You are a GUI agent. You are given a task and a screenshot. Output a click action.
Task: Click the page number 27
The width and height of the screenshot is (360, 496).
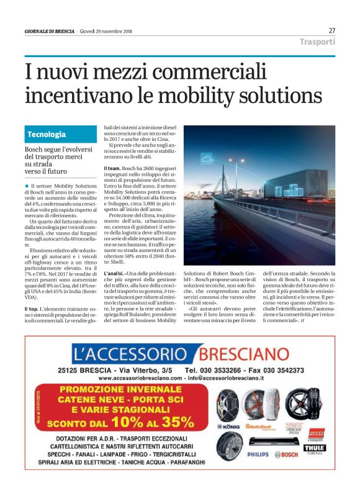click(331, 30)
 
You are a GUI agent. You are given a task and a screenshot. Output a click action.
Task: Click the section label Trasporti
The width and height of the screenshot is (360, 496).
click(317, 42)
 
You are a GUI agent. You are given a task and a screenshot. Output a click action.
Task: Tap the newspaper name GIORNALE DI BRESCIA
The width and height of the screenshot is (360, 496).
click(50, 31)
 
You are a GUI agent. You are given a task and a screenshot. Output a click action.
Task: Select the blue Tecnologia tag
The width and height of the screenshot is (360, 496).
click(47, 134)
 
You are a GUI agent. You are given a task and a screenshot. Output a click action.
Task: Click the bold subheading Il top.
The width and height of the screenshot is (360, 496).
click(31, 309)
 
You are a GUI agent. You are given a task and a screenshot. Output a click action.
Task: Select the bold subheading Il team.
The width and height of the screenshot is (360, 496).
click(112, 168)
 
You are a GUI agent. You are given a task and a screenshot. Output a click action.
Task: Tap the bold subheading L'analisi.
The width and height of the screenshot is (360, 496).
click(114, 273)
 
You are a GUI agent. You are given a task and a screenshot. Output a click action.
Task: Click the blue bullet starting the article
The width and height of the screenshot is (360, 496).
click(26, 186)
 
